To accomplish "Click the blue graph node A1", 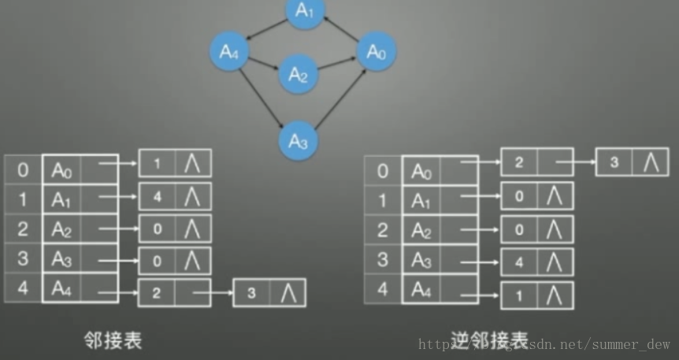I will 305,12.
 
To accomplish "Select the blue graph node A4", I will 229,53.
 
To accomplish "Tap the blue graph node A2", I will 298,75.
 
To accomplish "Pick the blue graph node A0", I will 377,53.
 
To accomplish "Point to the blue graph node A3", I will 298,141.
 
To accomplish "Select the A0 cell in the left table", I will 62,169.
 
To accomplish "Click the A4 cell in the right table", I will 422,289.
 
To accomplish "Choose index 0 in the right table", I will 383,170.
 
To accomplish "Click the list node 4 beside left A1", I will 157,197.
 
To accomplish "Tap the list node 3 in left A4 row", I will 251,293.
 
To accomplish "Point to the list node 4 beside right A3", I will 519,262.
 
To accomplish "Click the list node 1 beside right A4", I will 519,295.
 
